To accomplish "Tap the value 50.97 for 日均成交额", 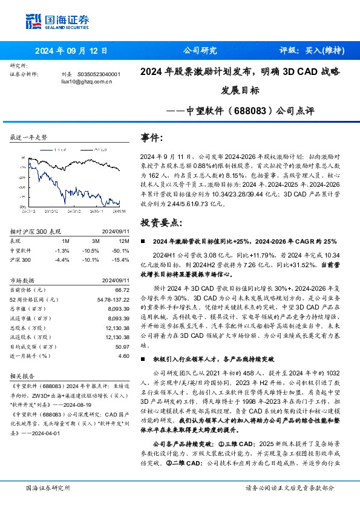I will point(122,347).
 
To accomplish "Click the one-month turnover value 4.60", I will point(123,357).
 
